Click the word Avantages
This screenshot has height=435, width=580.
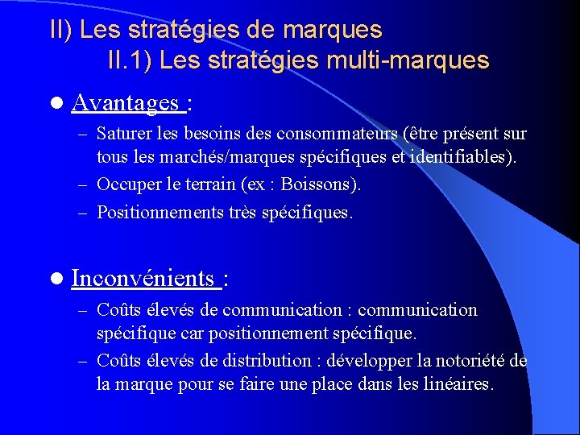[125, 102]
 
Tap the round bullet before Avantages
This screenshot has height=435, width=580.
[55, 103]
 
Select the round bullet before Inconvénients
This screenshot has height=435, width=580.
[55, 280]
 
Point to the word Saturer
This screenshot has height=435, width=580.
[123, 134]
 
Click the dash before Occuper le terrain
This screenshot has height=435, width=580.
[84, 185]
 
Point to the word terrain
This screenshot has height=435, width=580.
[207, 184]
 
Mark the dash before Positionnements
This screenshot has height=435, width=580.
[84, 213]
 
